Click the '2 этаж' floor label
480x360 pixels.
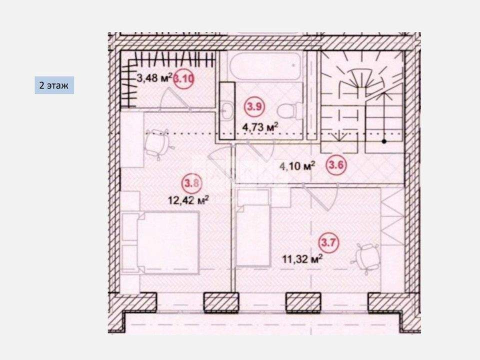[54, 85]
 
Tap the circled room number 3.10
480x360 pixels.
[183, 79]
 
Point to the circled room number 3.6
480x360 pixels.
[336, 165]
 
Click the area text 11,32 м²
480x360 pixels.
[302, 259]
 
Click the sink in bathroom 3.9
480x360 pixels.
[227, 110]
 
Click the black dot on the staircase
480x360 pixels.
[384, 141]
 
